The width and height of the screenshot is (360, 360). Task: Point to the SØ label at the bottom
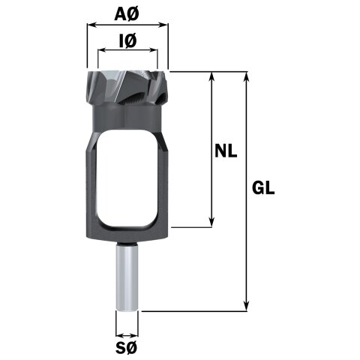click(x=127, y=348)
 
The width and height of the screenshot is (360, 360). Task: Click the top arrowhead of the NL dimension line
click(x=213, y=76)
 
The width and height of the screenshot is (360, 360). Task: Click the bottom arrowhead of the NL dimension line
click(x=213, y=222)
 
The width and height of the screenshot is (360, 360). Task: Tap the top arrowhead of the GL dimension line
click(x=247, y=76)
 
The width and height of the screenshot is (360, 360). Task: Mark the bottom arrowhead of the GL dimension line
click(x=247, y=307)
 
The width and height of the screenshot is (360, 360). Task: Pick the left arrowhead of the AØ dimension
click(x=91, y=25)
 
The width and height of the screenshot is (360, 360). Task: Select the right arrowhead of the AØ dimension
click(x=164, y=25)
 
